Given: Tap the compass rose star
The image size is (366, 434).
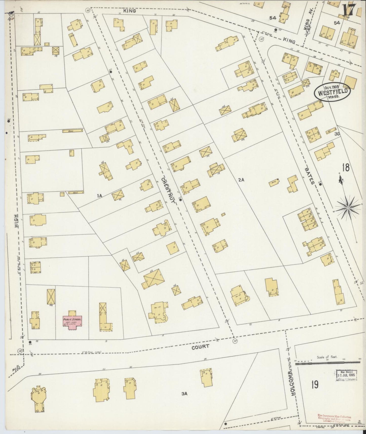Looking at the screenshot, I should [348, 208].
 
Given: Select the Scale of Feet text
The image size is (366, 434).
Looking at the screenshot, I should [327, 357].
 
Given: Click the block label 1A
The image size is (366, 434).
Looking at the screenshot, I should [99, 195].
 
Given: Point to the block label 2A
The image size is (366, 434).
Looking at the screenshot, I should [241, 180].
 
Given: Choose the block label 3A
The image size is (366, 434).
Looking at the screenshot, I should [184, 393].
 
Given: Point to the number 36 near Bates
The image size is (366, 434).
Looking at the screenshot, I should [337, 134].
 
